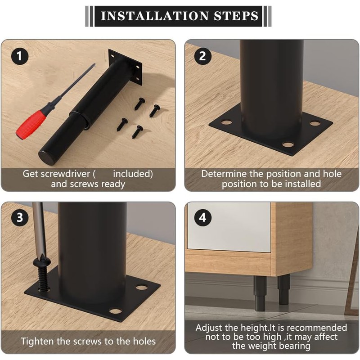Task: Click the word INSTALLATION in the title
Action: pyautogui.click(x=155, y=16)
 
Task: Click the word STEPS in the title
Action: pyautogui.click(x=236, y=16)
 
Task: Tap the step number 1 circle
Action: pyautogui.click(x=20, y=56)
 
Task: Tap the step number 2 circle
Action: pyautogui.click(x=202, y=56)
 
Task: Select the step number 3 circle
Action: pyautogui.click(x=20, y=217)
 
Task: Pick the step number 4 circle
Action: pyautogui.click(x=202, y=217)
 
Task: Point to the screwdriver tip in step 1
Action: pyautogui.click(x=94, y=64)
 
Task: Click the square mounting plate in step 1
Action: pyautogui.click(x=125, y=67)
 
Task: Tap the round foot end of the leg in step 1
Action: pyautogui.click(x=47, y=157)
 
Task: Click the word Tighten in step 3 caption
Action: pyautogui.click(x=37, y=342)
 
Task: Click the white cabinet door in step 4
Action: pyautogui.click(x=229, y=227)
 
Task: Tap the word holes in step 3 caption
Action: pyautogui.click(x=144, y=342)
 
